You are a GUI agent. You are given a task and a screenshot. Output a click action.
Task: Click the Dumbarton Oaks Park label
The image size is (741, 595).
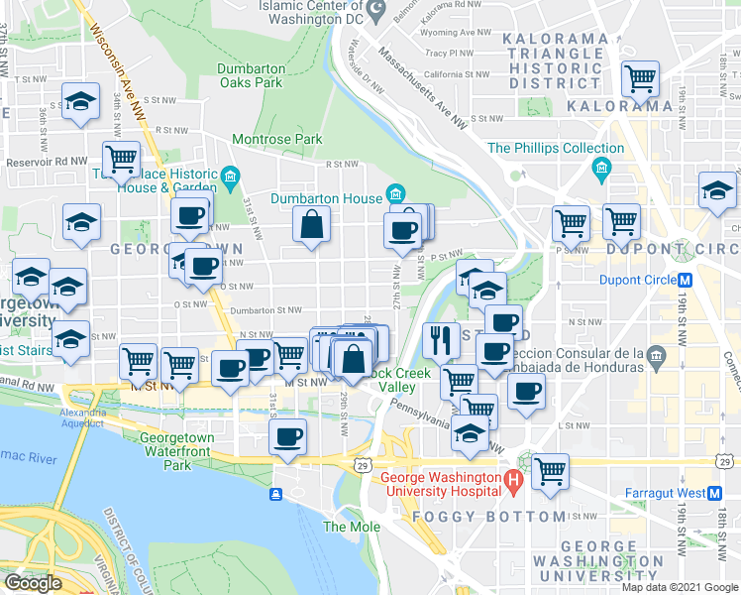click(x=252, y=75)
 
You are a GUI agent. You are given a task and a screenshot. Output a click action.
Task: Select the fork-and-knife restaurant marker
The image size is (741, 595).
click(x=441, y=339)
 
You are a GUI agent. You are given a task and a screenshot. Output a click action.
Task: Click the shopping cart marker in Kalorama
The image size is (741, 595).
click(x=640, y=77)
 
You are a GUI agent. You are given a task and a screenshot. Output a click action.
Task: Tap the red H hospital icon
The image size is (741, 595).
click(x=513, y=484)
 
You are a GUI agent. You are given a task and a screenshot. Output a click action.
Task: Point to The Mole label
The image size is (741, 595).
click(x=344, y=527)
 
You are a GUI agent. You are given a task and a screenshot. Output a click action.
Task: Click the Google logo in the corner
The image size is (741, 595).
click(x=34, y=583)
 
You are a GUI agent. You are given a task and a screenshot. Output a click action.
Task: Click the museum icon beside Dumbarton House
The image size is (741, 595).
click(x=396, y=192)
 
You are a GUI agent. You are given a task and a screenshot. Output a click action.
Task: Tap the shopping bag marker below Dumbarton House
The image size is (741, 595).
click(x=311, y=225)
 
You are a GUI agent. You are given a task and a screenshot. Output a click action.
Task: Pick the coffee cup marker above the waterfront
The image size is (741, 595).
click(x=287, y=435)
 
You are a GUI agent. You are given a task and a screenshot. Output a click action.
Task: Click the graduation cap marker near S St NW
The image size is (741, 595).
click(x=79, y=100)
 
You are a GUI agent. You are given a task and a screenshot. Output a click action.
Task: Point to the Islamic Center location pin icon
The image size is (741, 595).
click(x=375, y=11)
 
